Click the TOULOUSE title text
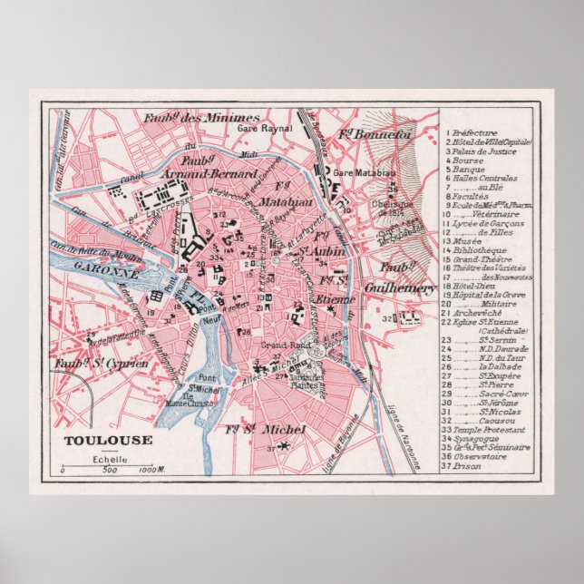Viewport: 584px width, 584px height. [94, 442]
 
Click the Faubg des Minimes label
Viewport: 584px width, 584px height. [200, 118]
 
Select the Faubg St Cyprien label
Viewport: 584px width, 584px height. [92, 365]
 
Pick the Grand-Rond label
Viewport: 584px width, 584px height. [276, 346]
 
